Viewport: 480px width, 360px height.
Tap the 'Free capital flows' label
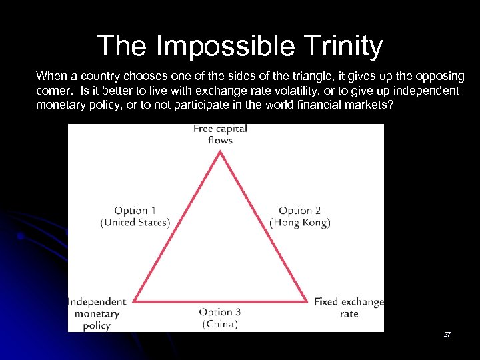tap(220, 134)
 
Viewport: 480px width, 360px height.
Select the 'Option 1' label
tap(135, 211)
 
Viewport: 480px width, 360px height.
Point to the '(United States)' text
tap(135, 223)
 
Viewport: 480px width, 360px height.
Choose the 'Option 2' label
tap(300, 211)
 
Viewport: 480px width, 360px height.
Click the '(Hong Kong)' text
tap(300, 223)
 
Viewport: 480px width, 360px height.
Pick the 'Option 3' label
tap(220, 312)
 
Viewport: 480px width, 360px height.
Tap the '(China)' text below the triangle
tap(220, 324)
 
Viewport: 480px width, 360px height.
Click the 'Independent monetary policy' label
tap(97, 313)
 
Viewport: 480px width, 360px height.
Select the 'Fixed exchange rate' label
tap(349, 307)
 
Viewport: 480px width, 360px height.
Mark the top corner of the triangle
tap(220, 151)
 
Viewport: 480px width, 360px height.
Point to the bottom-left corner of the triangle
tap(134, 301)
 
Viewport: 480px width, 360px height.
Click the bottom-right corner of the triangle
tap(307, 301)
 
